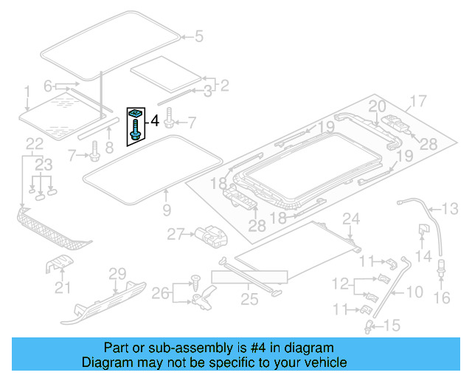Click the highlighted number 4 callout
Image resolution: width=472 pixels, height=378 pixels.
(x=155, y=119)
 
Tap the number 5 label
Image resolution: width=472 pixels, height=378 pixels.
(x=198, y=35)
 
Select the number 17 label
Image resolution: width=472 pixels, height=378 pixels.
(x=418, y=101)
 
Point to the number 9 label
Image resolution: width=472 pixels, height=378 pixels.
(x=166, y=210)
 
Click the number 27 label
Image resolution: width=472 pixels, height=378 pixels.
(x=174, y=234)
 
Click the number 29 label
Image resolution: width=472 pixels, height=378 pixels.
(x=117, y=274)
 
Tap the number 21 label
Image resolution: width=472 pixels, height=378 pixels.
(x=63, y=287)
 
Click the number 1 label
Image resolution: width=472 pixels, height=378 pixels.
(x=27, y=92)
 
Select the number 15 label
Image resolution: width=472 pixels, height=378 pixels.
(x=391, y=325)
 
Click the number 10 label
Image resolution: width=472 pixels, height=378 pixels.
(x=415, y=292)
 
